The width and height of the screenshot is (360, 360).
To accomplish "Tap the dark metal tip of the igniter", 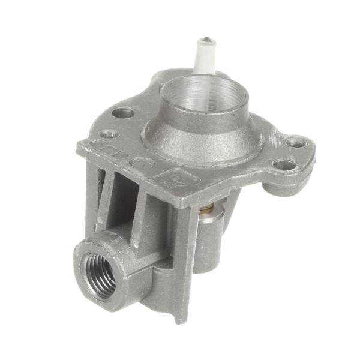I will [206, 41].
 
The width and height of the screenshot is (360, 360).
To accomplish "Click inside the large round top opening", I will [207, 96].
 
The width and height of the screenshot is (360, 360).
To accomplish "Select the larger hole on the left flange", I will [123, 112].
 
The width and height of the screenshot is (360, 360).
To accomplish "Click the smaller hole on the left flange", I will [108, 133].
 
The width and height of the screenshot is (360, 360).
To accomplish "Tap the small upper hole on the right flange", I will [295, 142].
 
